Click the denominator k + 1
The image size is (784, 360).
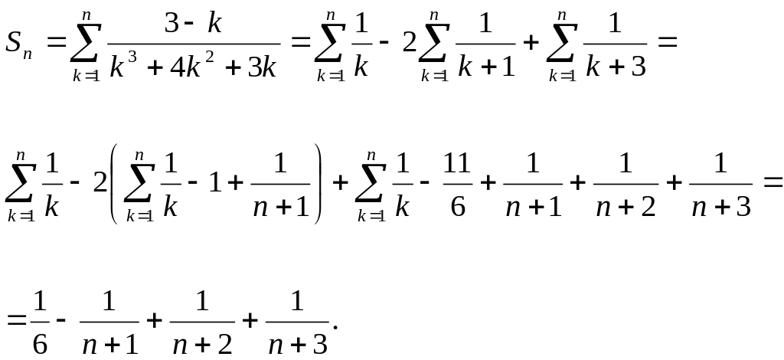point(485,68)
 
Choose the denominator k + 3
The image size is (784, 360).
point(614,68)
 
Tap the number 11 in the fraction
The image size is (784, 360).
point(459,165)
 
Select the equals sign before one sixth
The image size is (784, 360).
point(16,321)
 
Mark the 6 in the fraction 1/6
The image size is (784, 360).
point(41,344)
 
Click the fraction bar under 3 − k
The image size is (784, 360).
point(194,44)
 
